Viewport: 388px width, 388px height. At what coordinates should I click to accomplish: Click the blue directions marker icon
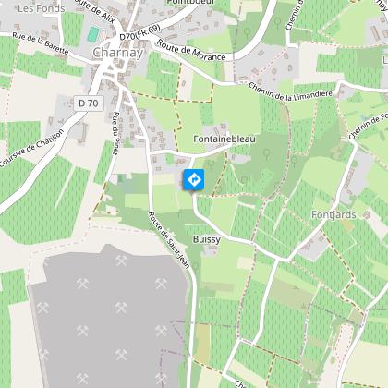194,179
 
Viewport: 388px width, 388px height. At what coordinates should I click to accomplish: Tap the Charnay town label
116,53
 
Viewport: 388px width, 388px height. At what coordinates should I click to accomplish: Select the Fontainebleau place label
224,139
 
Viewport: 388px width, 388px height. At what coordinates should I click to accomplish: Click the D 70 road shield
88,103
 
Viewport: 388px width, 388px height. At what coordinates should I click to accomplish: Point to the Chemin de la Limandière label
290,92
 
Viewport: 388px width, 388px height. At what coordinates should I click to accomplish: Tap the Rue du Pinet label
115,135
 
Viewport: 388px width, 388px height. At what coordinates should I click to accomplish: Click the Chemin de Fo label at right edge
369,126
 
